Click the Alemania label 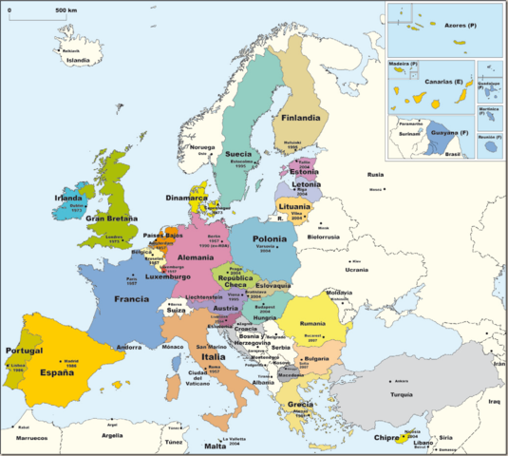[x=196, y=256]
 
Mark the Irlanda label [x=69, y=197]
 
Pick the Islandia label [x=77, y=60]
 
